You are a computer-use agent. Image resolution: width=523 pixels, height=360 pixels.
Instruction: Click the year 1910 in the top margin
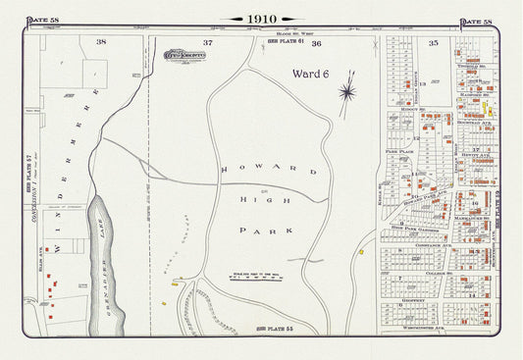click(261, 19)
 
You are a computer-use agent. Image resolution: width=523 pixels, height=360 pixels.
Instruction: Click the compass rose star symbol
click(346, 93)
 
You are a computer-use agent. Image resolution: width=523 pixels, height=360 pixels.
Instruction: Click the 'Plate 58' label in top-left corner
click(41, 21)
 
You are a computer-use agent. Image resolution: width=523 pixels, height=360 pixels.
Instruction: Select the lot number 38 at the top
click(100, 42)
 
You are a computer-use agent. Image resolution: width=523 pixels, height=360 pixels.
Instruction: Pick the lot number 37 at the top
click(207, 42)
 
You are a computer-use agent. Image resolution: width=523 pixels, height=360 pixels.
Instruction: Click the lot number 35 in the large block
click(433, 42)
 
